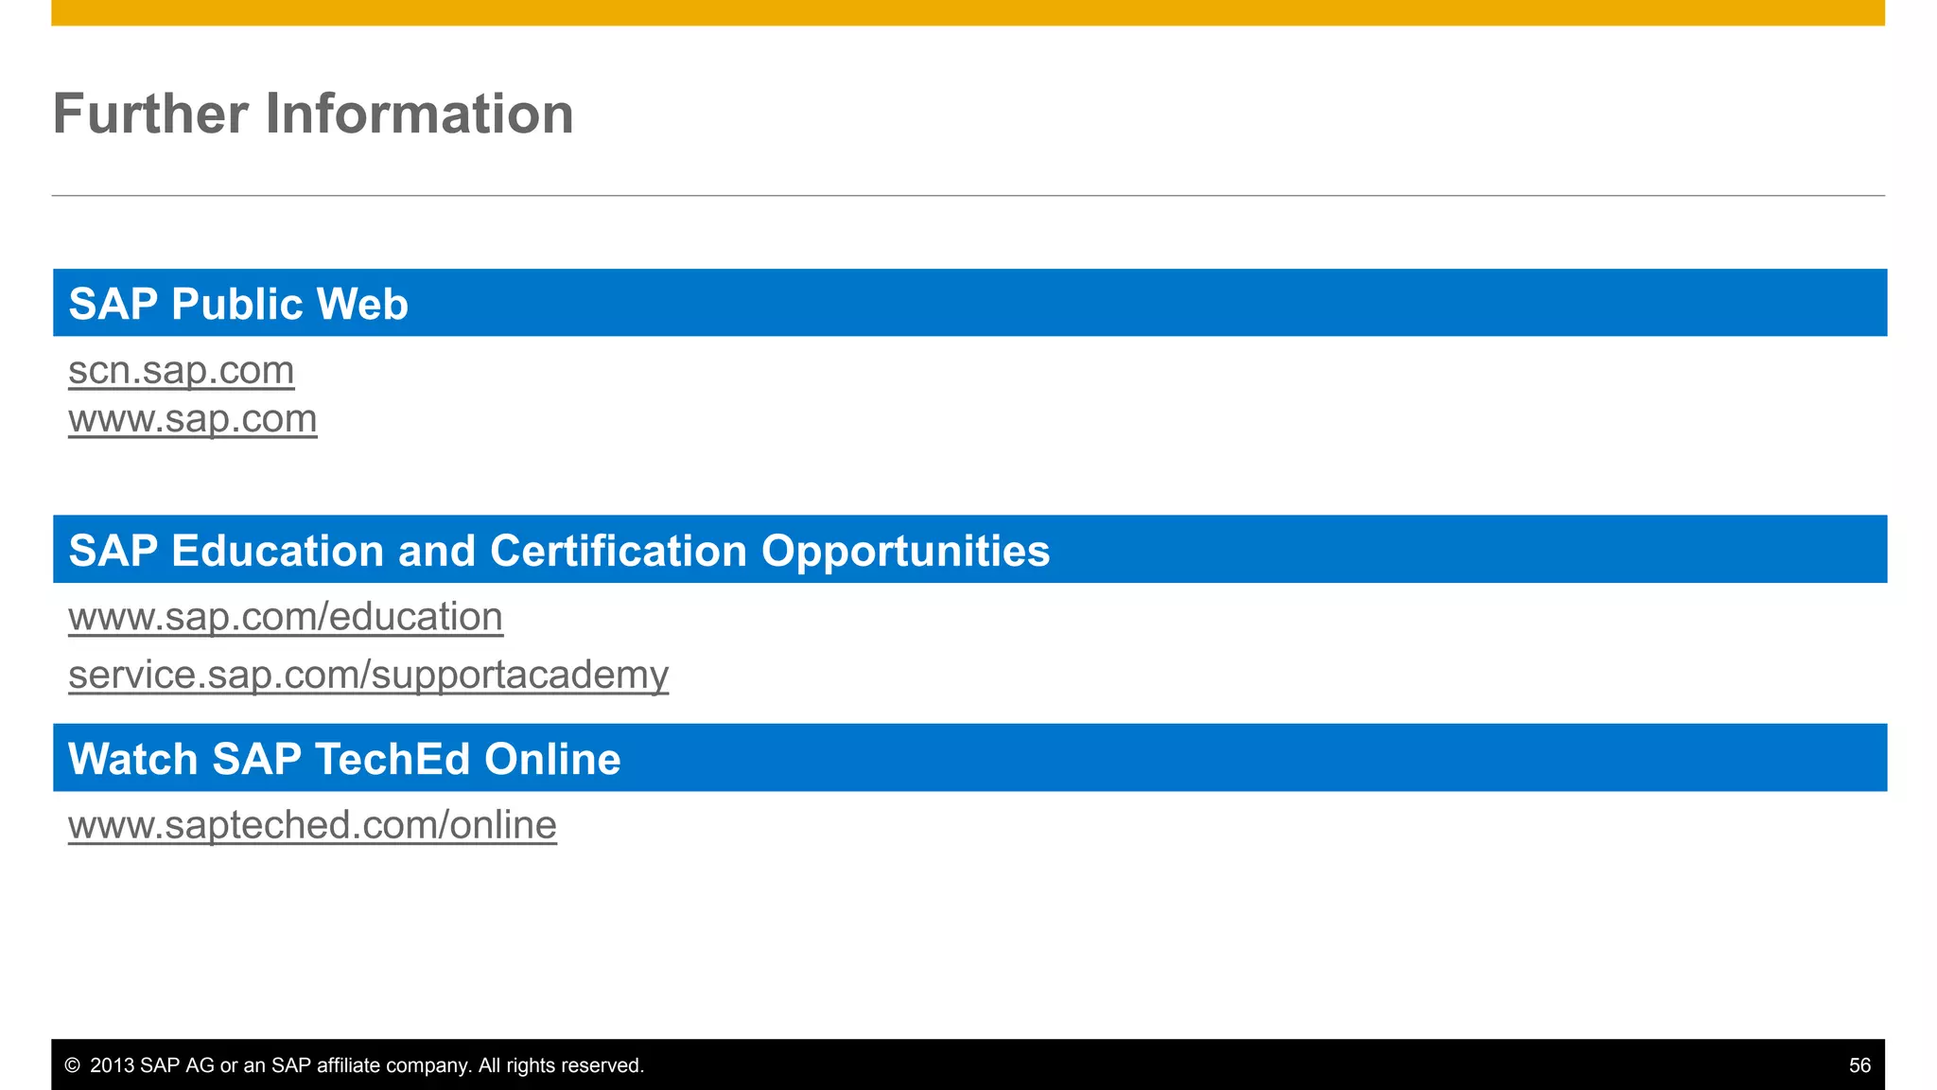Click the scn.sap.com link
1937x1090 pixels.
pyautogui.click(x=181, y=370)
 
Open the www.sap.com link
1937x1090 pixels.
pyautogui.click(x=192, y=418)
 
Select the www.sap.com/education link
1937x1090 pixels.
pyautogui.click(x=285, y=617)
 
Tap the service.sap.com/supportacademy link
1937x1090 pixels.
pyautogui.click(x=368, y=675)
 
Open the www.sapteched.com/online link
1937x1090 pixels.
pyautogui.click(x=312, y=825)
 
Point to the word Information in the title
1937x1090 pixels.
pyautogui.click(x=419, y=114)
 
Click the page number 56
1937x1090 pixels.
pyautogui.click(x=1859, y=1065)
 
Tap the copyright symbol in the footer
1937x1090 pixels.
pyautogui.click(x=72, y=1065)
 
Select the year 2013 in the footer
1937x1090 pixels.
pyautogui.click(x=113, y=1065)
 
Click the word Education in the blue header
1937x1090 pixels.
pyautogui.click(x=277, y=551)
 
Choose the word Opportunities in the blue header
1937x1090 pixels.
pyautogui.click(x=905, y=551)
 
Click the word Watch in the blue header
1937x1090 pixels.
pyautogui.click(x=133, y=759)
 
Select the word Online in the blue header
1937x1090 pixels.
pyautogui.click(x=552, y=759)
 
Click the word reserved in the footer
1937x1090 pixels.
pyautogui.click(x=602, y=1065)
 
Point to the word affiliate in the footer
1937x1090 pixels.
pyautogui.click(x=346, y=1065)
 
